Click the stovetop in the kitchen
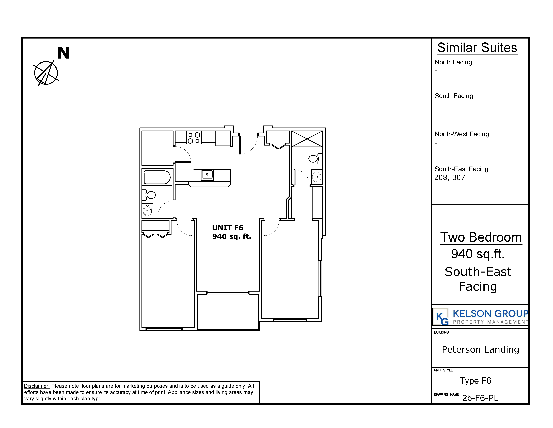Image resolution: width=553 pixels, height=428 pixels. click(194, 138)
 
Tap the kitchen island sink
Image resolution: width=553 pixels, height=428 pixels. click(207, 175)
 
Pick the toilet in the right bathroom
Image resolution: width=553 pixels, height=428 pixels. click(315, 159)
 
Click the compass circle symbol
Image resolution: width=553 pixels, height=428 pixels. click(46, 73)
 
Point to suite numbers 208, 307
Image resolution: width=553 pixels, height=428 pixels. click(450, 178)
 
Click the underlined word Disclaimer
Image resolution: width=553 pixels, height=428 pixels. click(37, 386)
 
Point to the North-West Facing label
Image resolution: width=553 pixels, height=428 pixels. click(463, 134)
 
